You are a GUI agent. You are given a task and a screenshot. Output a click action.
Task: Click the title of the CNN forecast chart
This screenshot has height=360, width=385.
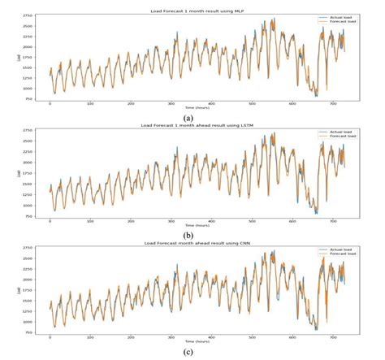click(x=192, y=243)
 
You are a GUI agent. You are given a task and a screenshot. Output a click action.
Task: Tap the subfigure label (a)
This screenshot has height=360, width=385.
click(x=192, y=115)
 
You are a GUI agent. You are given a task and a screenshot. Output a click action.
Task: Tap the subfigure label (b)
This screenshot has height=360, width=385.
click(x=192, y=234)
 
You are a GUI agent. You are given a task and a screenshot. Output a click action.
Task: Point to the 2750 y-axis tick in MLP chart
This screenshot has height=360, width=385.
click(x=27, y=15)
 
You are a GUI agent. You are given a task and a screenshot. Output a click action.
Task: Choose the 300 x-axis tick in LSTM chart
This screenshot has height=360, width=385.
click(x=171, y=222)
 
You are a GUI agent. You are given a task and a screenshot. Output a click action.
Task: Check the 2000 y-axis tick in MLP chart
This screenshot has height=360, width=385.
click(x=27, y=46)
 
